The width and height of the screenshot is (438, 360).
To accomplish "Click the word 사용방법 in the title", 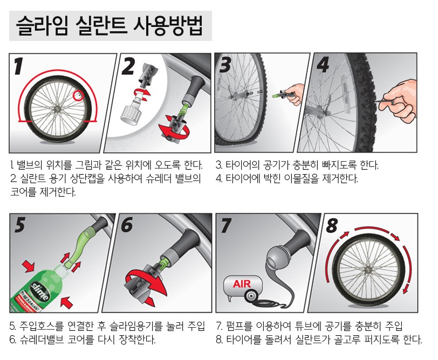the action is [167, 26].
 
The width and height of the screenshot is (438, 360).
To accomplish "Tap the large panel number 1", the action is [18, 66].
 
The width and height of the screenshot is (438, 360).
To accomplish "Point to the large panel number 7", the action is [225, 225].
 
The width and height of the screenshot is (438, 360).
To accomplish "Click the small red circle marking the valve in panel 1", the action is [78, 95].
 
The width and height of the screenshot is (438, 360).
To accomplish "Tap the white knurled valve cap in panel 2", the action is [129, 114].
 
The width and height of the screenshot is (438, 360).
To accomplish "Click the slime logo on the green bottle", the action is [40, 292].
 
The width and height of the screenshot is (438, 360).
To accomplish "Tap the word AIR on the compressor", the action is [242, 284].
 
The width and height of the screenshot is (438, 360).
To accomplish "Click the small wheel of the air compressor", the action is [250, 296].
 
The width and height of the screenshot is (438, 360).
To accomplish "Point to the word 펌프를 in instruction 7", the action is [239, 326].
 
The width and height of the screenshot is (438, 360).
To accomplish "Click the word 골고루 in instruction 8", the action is [346, 340].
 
